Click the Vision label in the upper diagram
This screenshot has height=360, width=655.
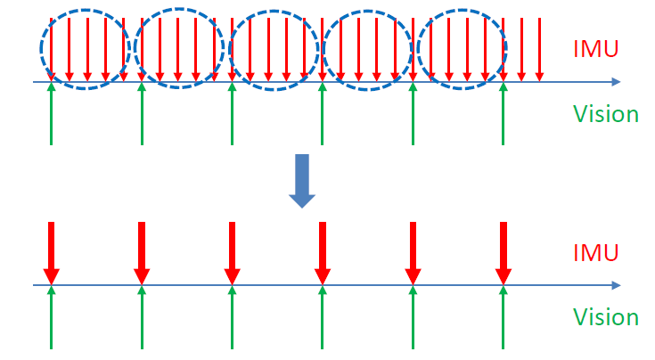click(605, 114)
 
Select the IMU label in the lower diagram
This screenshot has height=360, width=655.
click(596, 253)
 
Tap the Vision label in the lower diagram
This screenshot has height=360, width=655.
click(605, 317)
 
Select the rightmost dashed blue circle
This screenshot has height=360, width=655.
click(462, 47)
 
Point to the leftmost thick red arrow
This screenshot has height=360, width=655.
click(51, 251)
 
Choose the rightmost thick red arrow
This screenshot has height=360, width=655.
click(504, 251)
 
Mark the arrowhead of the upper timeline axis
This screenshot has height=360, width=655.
click(616, 82)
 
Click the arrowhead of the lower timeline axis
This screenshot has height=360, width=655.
click(616, 285)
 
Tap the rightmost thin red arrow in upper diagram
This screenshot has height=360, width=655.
click(539, 49)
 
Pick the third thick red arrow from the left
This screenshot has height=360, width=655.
click(232, 251)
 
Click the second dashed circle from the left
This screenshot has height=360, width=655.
click(179, 48)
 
